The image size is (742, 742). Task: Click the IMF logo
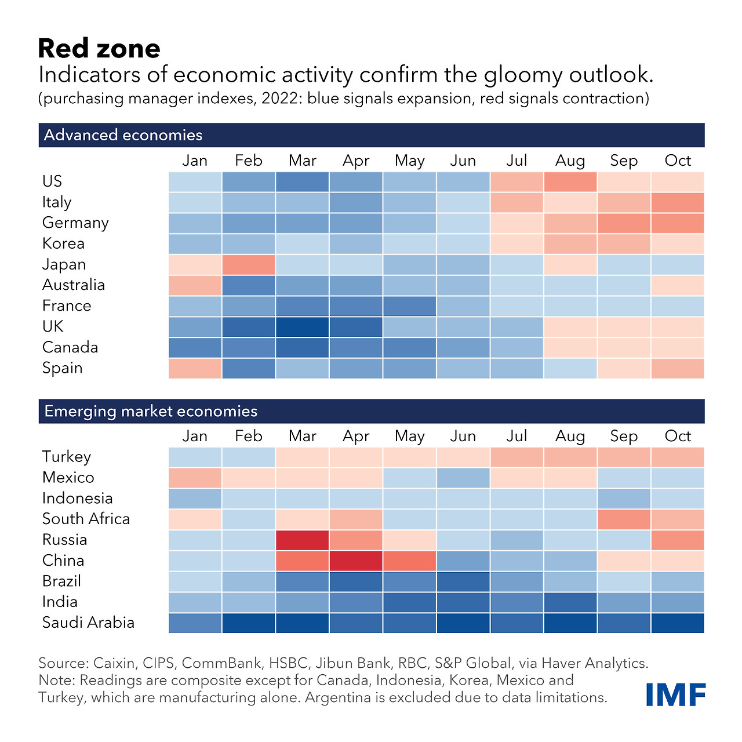[x=675, y=694]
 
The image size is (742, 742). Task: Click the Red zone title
[x=99, y=49]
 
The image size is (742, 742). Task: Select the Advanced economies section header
[x=123, y=135]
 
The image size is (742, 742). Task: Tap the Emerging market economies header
[x=151, y=411]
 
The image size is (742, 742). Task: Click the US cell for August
[x=570, y=181]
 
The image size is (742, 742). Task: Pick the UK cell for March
[x=302, y=327]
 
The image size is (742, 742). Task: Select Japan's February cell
[x=249, y=265]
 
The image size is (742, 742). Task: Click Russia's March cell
[x=302, y=540]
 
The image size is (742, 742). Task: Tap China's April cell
[x=356, y=561]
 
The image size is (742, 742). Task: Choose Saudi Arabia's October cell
[x=678, y=623]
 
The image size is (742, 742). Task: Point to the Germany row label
[x=75, y=223]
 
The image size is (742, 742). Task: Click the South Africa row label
[x=86, y=519]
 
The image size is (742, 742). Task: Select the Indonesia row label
[x=77, y=498]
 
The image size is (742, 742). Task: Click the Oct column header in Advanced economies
[x=678, y=161]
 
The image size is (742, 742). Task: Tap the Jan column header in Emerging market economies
[x=195, y=436]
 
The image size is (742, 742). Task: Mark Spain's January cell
[x=195, y=369]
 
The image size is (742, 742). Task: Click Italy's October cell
[x=678, y=202]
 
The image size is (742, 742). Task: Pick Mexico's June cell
[x=463, y=478]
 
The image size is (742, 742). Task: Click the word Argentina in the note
[x=338, y=697]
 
